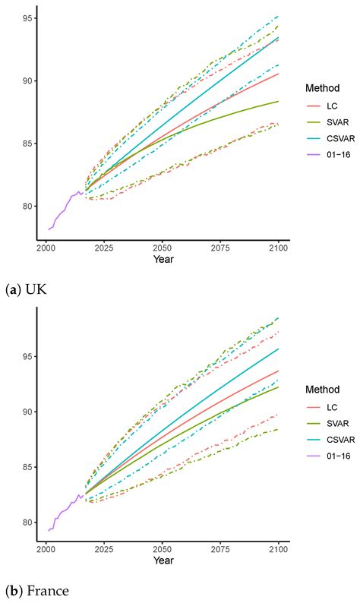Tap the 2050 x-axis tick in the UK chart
(x=162, y=248)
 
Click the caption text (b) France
(x=35, y=590)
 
